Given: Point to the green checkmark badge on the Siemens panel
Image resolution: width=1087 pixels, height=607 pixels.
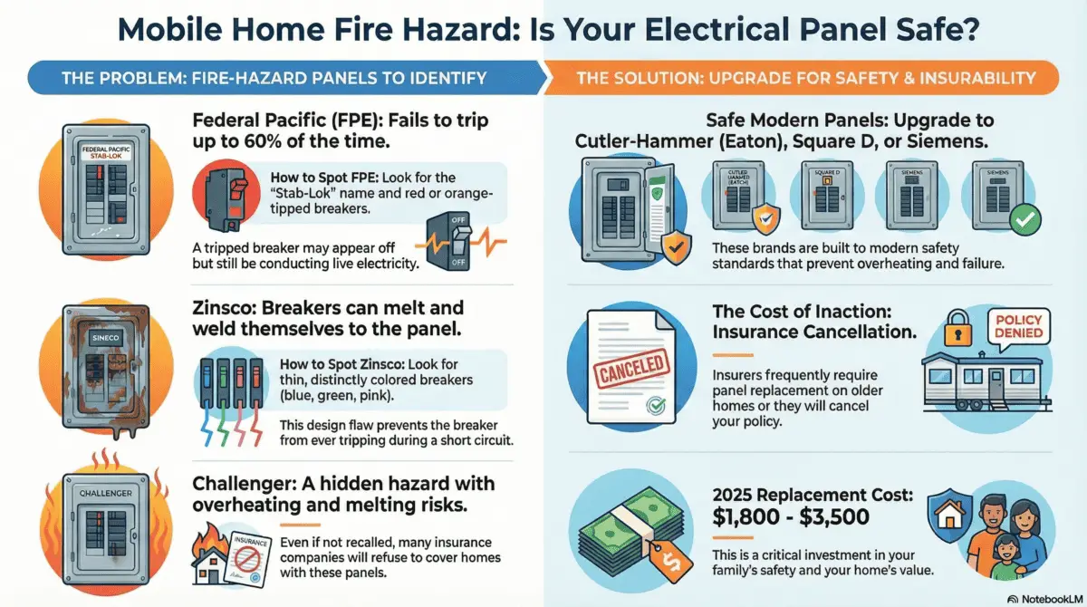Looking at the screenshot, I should click(1024, 218).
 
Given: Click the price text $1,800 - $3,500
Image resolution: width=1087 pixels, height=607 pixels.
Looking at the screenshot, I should click(791, 517).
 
